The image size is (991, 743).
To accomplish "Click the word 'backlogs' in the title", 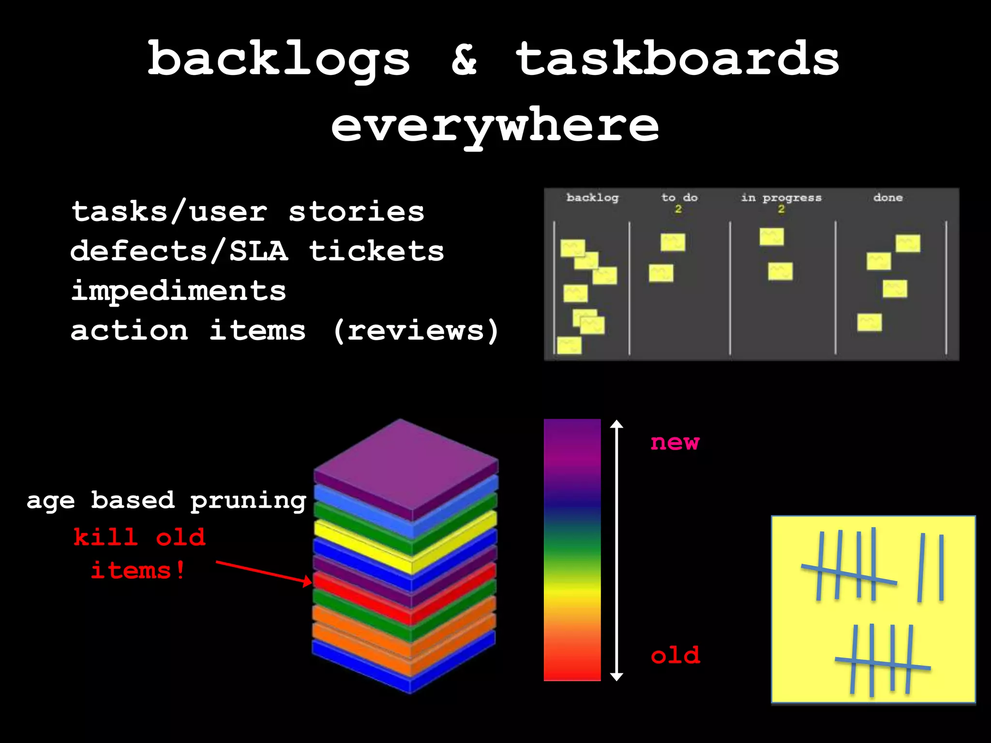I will pos(279,59).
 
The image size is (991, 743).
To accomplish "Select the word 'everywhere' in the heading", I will pos(495,125).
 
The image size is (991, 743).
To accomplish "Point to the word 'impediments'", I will pos(179,291).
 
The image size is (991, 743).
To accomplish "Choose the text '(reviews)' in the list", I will pos(416,331).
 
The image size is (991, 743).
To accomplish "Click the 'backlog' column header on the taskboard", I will pos(592,197).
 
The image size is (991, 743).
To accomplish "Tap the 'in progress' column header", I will pos(781,197).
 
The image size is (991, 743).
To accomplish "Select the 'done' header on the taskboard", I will pos(888,197).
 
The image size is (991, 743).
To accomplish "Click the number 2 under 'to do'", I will pos(678,209).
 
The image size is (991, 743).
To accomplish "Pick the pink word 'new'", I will pos(675,442).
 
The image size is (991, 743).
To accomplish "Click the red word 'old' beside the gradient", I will pos(675,655).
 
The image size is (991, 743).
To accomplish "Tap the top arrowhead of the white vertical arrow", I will pos(616,424).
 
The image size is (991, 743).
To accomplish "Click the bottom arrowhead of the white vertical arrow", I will pos(616,677).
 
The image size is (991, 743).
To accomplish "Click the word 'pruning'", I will pos(248,501).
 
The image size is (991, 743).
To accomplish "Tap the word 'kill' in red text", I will pos(105,537).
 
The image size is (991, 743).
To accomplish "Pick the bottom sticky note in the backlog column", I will pos(569,345).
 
